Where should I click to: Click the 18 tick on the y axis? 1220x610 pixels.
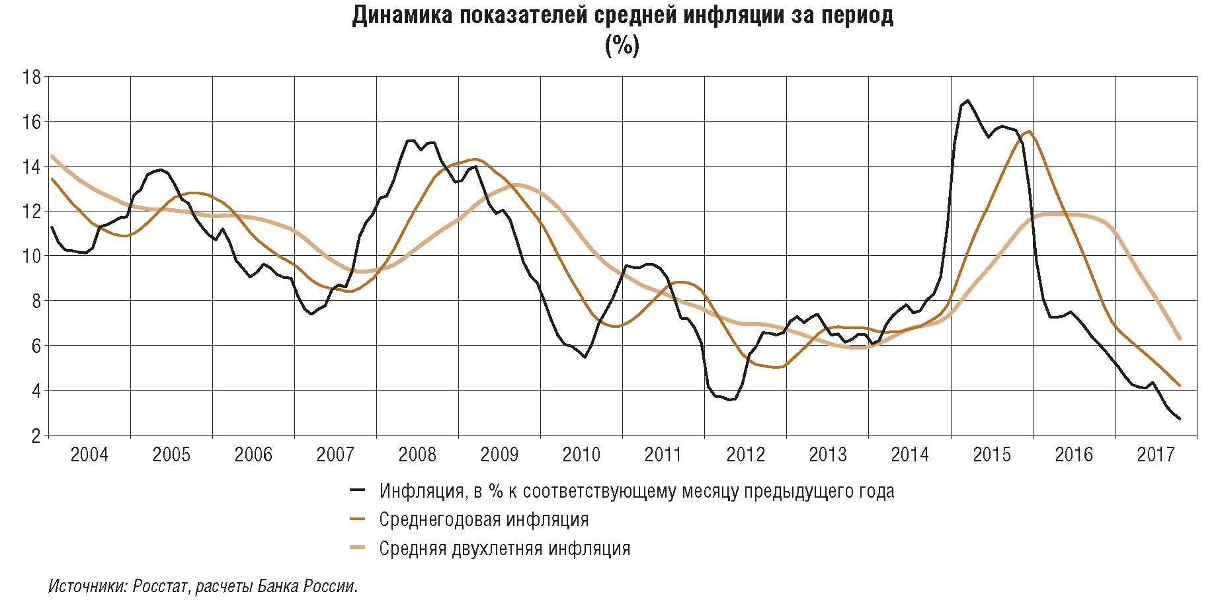coord(32,77)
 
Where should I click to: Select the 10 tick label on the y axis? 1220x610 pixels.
coord(32,256)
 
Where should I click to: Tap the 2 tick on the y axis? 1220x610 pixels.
coord(36,436)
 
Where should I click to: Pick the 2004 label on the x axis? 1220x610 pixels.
coord(89,455)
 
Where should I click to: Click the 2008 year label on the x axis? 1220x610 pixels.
coord(417,455)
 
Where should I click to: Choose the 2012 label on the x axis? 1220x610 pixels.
coord(745,455)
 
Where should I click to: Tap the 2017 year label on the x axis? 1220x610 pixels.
coord(1155,455)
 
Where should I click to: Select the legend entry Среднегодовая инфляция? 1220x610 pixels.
coord(483,520)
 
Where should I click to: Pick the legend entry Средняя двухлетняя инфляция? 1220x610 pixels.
coord(504,549)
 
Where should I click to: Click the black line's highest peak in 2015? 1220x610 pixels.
coord(968,100)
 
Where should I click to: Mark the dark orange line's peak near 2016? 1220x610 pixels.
coord(1029,132)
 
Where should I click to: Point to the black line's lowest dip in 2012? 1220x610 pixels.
coord(731,400)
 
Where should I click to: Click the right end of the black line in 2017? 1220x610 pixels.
coord(1180,418)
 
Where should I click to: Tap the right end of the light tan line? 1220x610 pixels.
coord(1180,338)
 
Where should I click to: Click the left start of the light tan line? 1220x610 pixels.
coord(52,157)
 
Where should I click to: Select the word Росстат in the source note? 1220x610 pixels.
coord(161,586)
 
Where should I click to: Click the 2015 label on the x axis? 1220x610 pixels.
coord(991,455)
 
